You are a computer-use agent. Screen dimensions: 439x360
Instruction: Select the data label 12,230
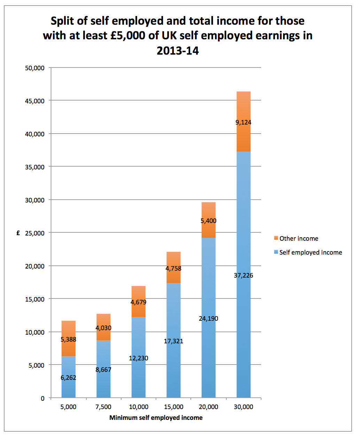click(x=139, y=358)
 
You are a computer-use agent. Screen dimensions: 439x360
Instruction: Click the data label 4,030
click(x=103, y=328)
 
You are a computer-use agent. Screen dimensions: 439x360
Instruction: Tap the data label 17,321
click(x=173, y=341)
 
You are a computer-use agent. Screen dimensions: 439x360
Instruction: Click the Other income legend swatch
click(x=276, y=238)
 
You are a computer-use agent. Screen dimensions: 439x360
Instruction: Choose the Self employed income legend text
click(x=311, y=253)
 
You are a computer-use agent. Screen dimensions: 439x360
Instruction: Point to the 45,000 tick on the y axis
click(x=35, y=101)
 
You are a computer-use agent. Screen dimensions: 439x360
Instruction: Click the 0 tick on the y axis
click(x=42, y=398)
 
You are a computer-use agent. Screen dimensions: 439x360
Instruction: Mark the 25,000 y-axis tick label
click(x=35, y=233)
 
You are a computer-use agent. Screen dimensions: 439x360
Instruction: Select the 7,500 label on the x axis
click(x=103, y=407)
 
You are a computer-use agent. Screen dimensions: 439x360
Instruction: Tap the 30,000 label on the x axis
click(x=243, y=407)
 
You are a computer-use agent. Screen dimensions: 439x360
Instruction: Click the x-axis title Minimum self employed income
click(x=156, y=418)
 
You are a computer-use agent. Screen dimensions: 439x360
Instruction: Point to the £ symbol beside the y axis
click(x=18, y=233)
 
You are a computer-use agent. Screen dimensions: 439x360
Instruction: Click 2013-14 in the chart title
click(x=178, y=51)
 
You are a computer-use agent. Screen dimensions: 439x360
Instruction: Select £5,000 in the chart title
click(x=127, y=35)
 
